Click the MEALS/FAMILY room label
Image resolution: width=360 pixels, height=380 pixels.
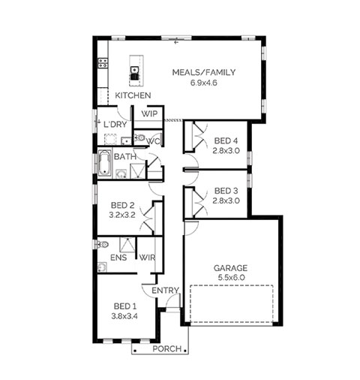pos(204,72)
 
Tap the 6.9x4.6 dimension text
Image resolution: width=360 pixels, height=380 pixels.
pos(204,83)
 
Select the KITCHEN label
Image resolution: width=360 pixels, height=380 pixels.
pos(133,95)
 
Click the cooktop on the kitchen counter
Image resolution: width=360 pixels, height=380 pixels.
pos(103,63)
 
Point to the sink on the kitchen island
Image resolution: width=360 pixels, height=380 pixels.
pos(135,70)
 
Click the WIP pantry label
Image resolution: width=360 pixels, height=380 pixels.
pos(149,114)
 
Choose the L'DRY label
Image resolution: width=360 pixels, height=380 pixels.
pos(115,125)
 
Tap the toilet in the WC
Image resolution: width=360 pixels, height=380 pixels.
pos(139,137)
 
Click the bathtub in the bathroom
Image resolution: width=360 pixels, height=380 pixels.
pos(104,163)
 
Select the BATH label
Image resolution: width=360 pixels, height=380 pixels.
pos(125,157)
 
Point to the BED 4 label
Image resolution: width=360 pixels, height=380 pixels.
pos(226,140)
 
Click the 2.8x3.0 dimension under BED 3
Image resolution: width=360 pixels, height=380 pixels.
pos(226,201)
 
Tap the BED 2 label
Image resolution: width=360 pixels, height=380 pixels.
pos(122,205)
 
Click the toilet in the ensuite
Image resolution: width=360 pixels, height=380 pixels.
pos(102,244)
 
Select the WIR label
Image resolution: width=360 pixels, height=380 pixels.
pos(147,258)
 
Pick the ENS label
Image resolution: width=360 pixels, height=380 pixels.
pos(118,258)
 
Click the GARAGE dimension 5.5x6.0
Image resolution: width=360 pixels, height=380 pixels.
pos(231,277)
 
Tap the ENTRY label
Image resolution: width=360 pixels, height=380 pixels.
pos(165,291)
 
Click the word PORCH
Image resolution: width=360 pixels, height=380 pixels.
pos(167,348)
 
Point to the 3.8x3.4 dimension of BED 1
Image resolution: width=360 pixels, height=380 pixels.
pos(124,316)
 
